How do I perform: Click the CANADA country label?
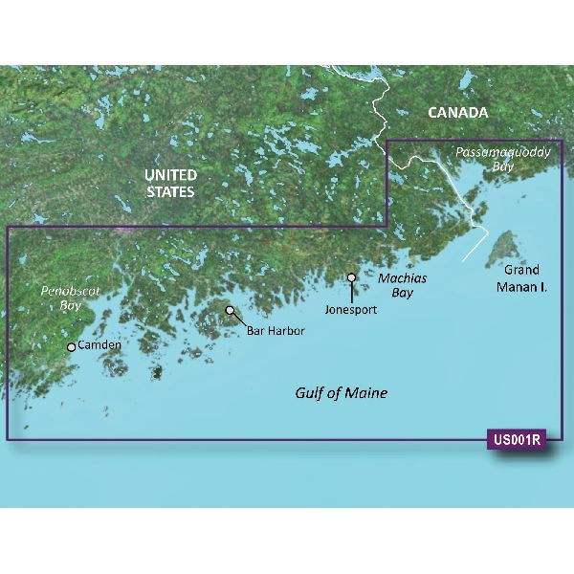[x=457, y=113]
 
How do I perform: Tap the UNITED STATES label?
[x=170, y=184]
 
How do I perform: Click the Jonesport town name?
[x=351, y=310]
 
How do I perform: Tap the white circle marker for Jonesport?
[x=352, y=278]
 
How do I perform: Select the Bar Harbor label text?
[x=276, y=330]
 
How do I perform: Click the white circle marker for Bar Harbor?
[x=230, y=311]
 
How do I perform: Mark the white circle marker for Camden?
[x=71, y=347]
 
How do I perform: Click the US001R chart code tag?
[x=516, y=441]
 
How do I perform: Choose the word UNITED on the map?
[x=170, y=175]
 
